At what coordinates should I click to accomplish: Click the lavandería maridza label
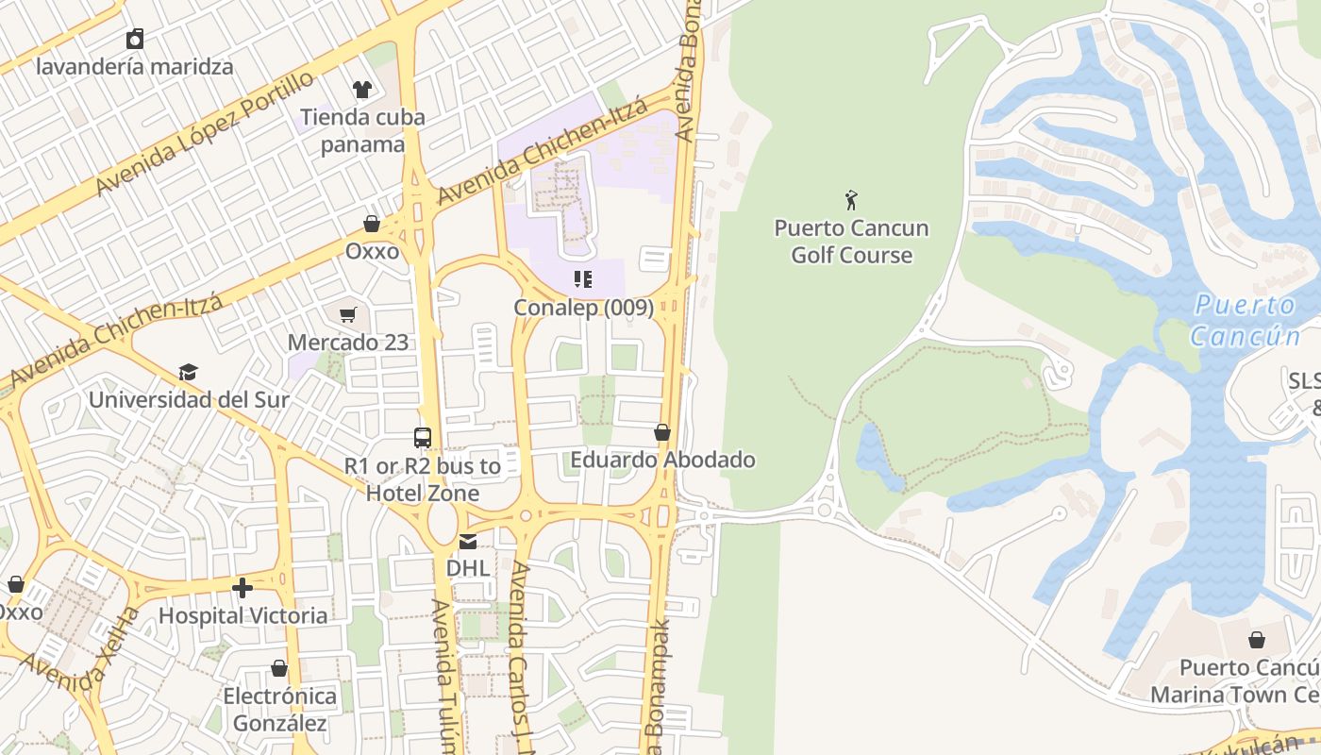point(134,67)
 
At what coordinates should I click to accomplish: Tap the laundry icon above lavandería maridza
point(135,39)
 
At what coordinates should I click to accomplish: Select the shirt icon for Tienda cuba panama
point(362,90)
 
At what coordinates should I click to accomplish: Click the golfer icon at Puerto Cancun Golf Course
point(851,200)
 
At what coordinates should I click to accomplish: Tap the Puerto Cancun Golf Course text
point(851,242)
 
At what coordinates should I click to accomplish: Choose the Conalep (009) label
point(583,308)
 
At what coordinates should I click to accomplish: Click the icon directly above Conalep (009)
point(583,279)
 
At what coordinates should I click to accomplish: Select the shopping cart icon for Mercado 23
point(348,314)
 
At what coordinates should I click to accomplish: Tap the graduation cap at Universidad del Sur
point(189,372)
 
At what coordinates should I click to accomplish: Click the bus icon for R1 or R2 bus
point(423,438)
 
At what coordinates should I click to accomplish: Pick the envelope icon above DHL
point(467,542)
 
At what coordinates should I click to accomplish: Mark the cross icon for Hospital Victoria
point(242,588)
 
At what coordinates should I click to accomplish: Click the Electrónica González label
point(279,710)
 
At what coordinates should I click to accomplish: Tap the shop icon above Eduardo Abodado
point(662,432)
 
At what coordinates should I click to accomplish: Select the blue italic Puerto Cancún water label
point(1244,320)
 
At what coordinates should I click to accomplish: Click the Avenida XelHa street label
point(80,650)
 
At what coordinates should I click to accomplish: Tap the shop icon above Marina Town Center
point(1256,640)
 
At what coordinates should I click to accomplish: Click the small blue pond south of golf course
point(876,453)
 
